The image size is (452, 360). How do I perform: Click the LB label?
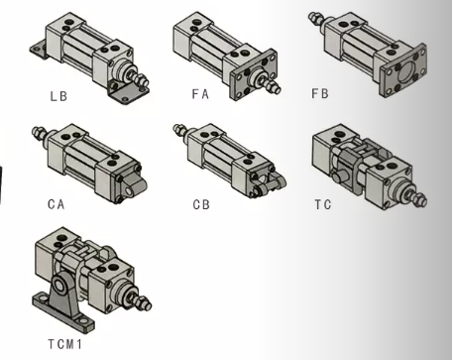(58, 96)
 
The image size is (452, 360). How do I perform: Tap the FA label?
(200, 94)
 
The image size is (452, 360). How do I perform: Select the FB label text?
(320, 93)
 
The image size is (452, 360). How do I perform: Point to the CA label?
(56, 204)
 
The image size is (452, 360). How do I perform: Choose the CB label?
(201, 204)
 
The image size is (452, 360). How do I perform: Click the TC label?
(323, 204)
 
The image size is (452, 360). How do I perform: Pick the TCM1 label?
(64, 344)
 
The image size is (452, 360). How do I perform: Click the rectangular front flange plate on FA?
(254, 74)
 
